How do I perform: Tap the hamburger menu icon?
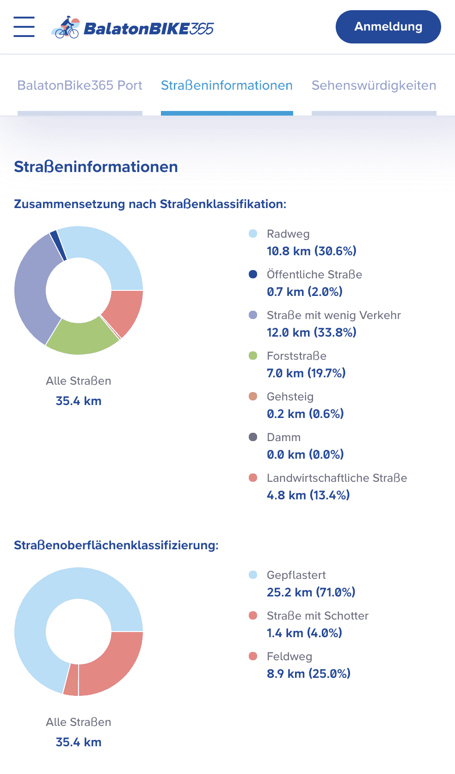tap(24, 27)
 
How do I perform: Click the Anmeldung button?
tap(388, 27)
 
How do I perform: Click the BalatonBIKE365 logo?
tap(133, 28)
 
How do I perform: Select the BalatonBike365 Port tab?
tap(80, 86)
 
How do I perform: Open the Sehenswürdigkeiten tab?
tap(374, 86)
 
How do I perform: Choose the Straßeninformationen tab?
tap(227, 86)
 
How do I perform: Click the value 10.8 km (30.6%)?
tap(311, 251)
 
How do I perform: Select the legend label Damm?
tap(283, 437)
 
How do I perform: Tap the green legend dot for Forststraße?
tap(253, 356)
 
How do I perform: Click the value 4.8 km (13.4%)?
tap(308, 495)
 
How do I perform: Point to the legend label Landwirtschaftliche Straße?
tap(337, 478)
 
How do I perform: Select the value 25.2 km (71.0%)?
tap(311, 592)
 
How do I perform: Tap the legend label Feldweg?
tap(289, 657)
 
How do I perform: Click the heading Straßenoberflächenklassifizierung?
tap(116, 545)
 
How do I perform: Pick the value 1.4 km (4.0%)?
tap(304, 633)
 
